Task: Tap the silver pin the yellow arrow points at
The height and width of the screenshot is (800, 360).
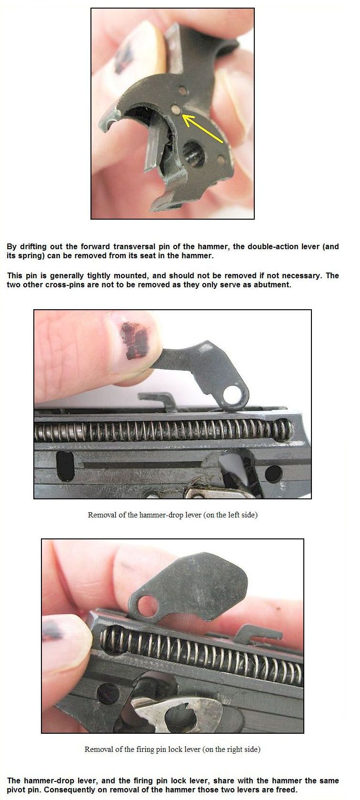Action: (175, 109)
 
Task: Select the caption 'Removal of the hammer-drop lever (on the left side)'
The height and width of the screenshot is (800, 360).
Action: (173, 515)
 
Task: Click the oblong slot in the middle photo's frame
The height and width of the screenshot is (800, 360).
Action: (65, 466)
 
